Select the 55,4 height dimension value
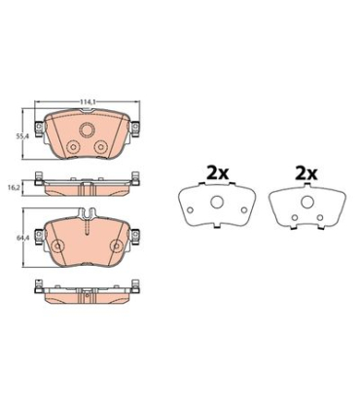pyautogui.click(x=22, y=136)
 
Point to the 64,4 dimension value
pyautogui.click(x=22, y=238)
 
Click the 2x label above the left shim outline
pyautogui.click(x=218, y=174)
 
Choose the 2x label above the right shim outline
pyautogui.click(x=306, y=174)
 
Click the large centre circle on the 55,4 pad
pyautogui.click(x=87, y=131)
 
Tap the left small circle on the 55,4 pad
pyautogui.click(x=73, y=147)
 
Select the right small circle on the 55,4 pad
pyautogui.click(x=101, y=147)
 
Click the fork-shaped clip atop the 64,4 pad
pyautogui.click(x=87, y=213)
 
